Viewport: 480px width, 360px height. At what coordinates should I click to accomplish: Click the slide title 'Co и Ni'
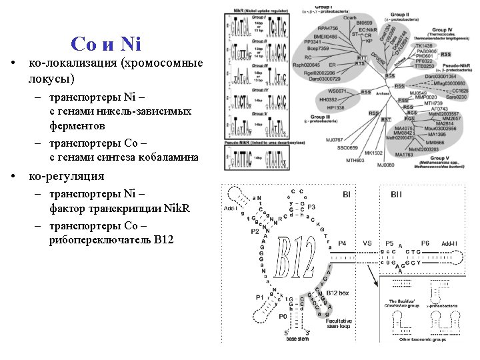105,44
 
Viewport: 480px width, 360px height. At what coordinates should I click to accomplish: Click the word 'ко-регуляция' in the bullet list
66,177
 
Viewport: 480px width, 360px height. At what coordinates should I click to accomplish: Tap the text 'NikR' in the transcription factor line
177,209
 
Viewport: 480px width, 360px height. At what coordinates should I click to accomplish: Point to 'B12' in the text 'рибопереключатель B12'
163,239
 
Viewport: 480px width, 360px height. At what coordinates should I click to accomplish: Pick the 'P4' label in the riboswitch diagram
342,244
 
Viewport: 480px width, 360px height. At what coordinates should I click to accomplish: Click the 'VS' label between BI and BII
367,244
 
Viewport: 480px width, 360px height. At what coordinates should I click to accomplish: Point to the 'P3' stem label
311,207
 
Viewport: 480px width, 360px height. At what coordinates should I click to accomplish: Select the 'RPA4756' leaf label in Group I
327,29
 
